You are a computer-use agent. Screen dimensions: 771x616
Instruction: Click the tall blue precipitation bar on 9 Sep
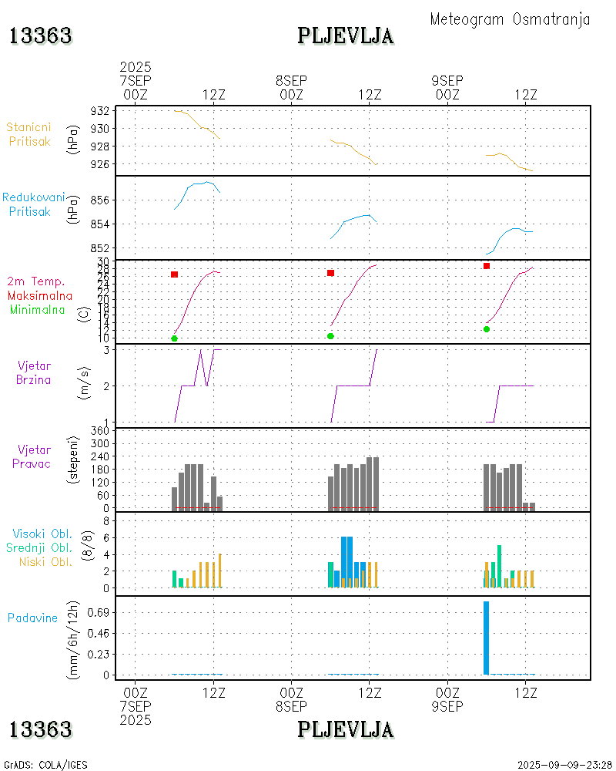point(486,638)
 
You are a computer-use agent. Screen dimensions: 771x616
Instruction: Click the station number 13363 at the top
point(40,35)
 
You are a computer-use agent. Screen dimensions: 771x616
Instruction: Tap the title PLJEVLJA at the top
point(346,35)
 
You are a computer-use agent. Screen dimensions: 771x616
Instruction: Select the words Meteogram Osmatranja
point(510,19)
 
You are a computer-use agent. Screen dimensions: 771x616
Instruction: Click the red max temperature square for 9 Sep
point(487,266)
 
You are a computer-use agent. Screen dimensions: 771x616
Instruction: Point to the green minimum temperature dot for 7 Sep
point(175,338)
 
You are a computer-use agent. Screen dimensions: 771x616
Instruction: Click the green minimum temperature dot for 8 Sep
point(330,336)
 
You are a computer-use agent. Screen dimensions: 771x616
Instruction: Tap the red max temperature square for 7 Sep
point(175,274)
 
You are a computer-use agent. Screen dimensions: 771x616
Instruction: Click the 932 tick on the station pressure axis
point(100,111)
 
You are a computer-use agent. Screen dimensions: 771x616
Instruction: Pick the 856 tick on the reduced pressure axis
point(100,200)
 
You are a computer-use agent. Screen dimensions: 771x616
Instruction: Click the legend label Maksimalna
point(40,295)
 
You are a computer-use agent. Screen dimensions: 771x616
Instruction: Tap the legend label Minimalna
point(42,309)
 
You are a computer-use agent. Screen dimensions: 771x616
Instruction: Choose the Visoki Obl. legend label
point(42,534)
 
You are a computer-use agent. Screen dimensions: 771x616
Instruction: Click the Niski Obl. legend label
point(45,561)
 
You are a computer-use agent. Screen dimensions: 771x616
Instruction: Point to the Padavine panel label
point(33,618)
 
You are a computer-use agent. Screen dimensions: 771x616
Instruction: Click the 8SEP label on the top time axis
point(291,81)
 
